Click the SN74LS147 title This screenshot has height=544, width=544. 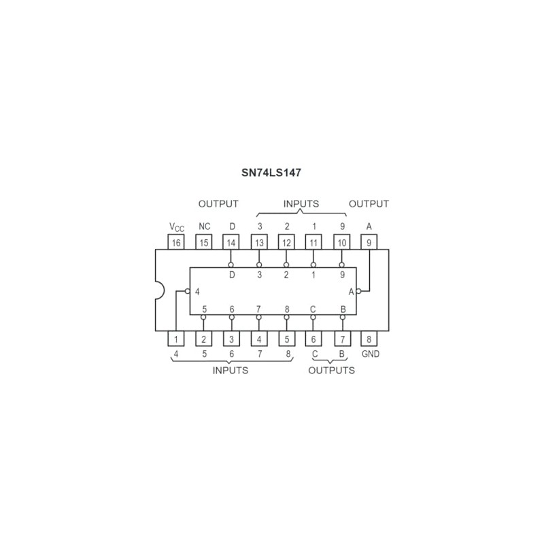(271, 173)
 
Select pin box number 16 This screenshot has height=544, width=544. (176, 242)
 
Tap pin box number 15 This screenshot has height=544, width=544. (203, 242)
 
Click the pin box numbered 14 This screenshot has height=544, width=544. (231, 242)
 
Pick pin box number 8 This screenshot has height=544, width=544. (369, 339)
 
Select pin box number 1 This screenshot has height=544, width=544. (176, 339)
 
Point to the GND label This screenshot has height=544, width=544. (371, 354)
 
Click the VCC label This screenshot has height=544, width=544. (177, 227)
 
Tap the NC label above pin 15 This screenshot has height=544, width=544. (205, 226)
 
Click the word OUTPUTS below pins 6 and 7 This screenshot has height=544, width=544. (331, 371)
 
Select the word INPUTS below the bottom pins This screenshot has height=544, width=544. (231, 371)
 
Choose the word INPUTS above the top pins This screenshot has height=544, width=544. (301, 203)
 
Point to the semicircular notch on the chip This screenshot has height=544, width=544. (160, 290)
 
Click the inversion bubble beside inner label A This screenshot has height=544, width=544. (358, 291)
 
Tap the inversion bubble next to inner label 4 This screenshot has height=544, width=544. (188, 291)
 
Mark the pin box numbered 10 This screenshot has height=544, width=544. (342, 242)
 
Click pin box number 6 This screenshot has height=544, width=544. (313, 339)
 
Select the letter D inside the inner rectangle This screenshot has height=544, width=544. (232, 275)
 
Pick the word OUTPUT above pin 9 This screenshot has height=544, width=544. (369, 203)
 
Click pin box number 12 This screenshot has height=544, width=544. (286, 242)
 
